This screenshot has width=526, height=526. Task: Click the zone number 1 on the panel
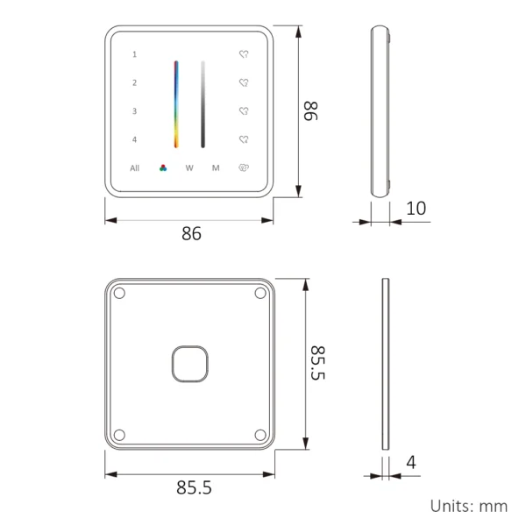(134, 54)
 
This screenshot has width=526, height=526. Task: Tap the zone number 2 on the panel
(134, 83)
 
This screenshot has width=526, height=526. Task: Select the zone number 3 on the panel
(134, 111)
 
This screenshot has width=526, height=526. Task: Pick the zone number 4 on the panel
(134, 139)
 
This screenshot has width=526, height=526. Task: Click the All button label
(135, 167)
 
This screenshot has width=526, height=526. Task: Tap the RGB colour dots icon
(162, 167)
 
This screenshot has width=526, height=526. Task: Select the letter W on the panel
(189, 167)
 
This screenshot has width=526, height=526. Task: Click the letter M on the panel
(216, 167)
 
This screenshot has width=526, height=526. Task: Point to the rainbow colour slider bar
(175, 103)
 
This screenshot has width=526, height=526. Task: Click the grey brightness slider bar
(203, 103)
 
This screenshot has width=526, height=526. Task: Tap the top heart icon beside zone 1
(245, 54)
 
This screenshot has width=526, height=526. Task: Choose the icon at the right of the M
(245, 167)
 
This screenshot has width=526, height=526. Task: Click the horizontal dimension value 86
(191, 234)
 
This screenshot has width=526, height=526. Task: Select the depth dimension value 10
(416, 209)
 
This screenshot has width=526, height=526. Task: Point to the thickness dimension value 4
(410, 463)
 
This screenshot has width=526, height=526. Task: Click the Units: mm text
(468, 506)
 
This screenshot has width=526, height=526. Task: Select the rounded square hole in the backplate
(189, 364)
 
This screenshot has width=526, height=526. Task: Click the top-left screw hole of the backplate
(120, 294)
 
